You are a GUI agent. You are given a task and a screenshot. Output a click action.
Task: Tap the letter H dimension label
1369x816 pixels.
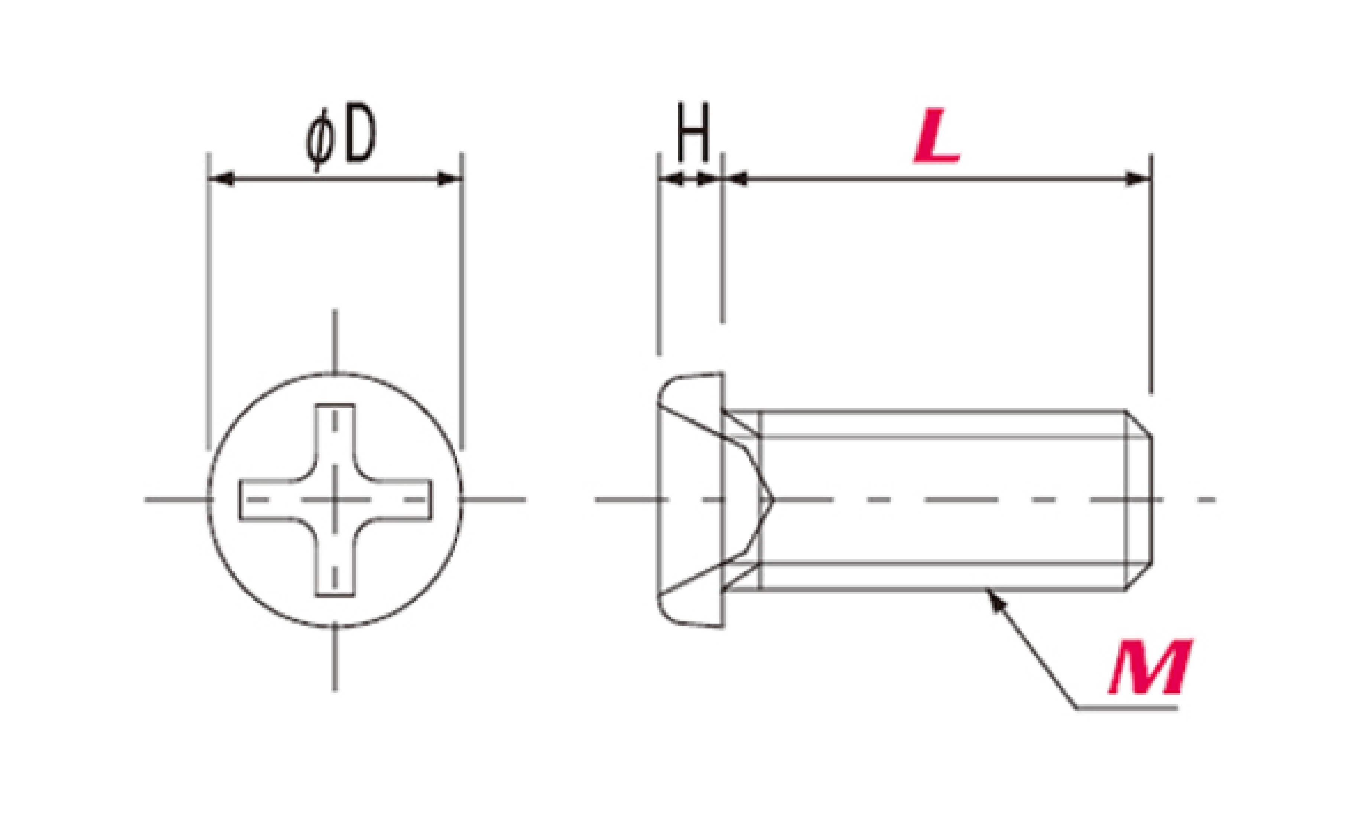pos(693,131)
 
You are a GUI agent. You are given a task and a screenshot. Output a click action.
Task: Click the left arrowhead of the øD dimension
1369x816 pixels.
pos(222,179)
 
